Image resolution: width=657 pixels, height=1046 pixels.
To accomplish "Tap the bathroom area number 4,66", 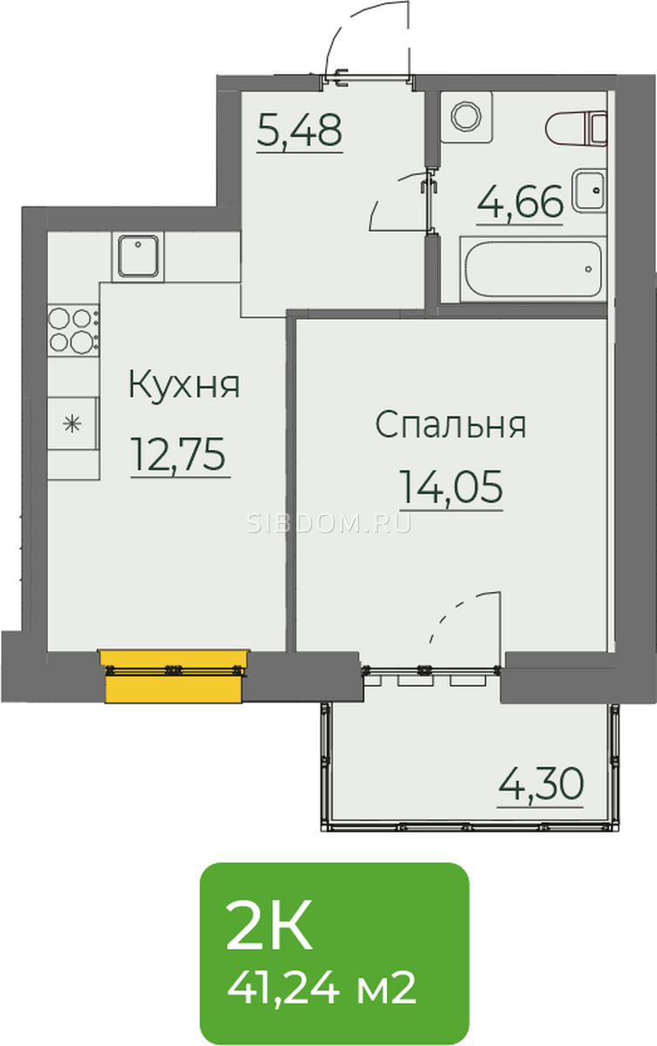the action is click(x=519, y=201).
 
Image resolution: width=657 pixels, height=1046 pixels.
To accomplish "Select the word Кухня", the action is click(x=184, y=384).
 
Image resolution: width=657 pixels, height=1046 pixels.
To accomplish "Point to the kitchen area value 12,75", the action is click(x=179, y=454).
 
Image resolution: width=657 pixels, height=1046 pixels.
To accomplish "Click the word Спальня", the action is click(x=450, y=424).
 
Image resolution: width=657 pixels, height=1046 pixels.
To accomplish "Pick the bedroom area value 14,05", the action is click(x=451, y=487).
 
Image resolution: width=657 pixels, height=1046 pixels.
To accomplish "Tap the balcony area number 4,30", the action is click(x=541, y=784).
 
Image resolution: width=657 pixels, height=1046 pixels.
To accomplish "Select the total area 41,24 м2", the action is click(x=322, y=988).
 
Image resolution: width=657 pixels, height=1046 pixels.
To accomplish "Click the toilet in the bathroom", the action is click(x=576, y=128).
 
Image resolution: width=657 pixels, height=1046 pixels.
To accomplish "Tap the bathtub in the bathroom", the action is click(x=532, y=268).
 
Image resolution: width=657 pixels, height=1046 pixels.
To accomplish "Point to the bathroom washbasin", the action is click(x=589, y=190).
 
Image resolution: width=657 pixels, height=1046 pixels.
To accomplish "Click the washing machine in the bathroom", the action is click(x=466, y=117).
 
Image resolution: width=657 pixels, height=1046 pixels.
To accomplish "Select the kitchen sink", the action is click(x=138, y=256).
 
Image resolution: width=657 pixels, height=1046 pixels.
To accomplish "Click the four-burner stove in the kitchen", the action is click(x=73, y=329).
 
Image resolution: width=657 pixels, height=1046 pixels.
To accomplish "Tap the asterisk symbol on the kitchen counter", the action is click(x=72, y=424).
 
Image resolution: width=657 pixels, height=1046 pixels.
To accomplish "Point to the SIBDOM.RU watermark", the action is click(x=328, y=524).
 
